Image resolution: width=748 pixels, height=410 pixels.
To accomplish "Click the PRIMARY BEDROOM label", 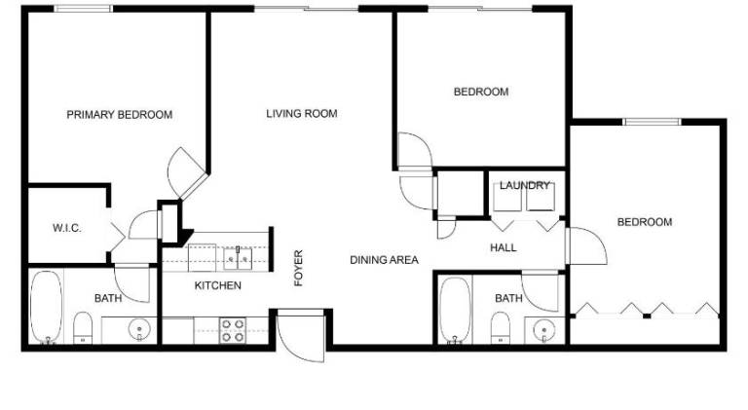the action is pos(119,115).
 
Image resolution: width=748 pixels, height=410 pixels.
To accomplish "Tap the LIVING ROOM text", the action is pos(302,114).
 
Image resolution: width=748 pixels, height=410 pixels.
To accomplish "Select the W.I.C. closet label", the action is pos(67,228).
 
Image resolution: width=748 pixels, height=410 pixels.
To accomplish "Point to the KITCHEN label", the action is pos(217,285).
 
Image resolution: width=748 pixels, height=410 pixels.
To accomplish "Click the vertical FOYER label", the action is pos(299,268).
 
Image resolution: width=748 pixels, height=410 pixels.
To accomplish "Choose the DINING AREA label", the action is pos(384,260).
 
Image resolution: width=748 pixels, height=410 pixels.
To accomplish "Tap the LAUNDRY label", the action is pos(525,185).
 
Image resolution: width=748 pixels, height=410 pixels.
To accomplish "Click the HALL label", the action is pos(504,247).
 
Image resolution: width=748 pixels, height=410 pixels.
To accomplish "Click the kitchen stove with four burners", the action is pos(233,331).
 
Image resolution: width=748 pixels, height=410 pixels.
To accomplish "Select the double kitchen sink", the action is pos(238,259).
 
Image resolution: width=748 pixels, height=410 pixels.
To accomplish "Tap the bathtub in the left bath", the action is pos(47,307).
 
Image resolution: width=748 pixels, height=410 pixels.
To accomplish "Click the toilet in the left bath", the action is pos(83,327).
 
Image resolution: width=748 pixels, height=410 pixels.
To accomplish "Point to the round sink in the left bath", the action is pos(139,330).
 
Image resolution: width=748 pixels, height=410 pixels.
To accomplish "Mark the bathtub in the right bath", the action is pos(455,311).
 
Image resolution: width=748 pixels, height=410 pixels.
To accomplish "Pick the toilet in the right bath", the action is pos(501,327).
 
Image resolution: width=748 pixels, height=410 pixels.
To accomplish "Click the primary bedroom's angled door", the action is pos(187,172).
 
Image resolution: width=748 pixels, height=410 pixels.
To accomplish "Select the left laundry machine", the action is pos(507,197).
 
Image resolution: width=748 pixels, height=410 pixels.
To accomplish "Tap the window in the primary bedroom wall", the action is pos(83,9).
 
